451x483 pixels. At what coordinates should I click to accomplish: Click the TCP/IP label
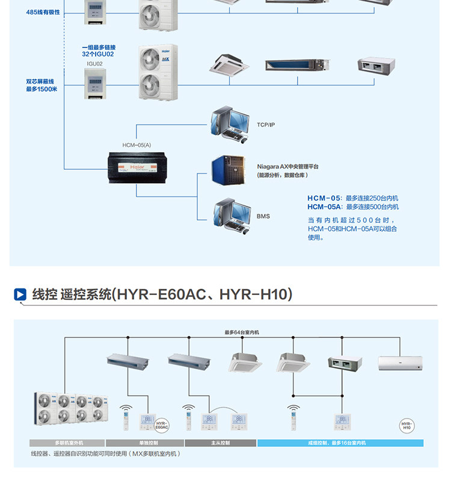coord(265,125)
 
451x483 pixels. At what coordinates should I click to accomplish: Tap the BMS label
coord(263,216)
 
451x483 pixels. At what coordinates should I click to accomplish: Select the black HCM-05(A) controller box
coord(137,166)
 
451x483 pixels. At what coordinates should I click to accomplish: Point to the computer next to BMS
coord(232,216)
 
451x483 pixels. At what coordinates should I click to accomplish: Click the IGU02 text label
coord(94,63)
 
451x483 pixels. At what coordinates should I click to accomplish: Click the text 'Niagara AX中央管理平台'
coord(287,166)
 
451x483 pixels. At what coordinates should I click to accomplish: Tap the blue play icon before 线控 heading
coord(20,294)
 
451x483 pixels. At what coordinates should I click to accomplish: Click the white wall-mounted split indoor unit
coord(400,363)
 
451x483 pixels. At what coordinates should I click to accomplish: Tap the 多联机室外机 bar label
coord(67,443)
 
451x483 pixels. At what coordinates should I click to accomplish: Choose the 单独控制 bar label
coord(144,443)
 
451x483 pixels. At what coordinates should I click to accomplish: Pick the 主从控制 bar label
coord(220,443)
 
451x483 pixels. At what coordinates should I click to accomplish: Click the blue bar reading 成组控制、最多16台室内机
coord(340,443)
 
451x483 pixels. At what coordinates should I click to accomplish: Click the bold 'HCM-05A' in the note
coord(325,207)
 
